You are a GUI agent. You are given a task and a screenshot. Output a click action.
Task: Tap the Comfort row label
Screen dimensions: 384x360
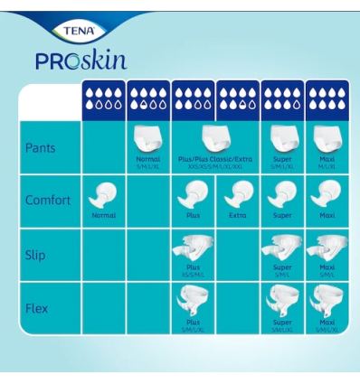47,200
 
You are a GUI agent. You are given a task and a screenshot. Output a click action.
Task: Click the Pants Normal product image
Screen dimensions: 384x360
148,139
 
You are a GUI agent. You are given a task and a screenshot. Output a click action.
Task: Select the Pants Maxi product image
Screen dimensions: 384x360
326,137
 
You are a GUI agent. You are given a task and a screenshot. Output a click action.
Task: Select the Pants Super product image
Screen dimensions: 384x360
281,137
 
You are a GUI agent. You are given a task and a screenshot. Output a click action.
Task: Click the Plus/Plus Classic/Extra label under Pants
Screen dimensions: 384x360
214,159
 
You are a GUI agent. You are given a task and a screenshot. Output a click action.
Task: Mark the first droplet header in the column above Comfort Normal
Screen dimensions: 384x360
103,98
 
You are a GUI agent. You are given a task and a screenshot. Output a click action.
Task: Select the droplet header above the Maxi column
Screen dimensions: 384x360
326,98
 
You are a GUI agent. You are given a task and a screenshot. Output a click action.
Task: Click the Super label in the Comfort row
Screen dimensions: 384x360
281,216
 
